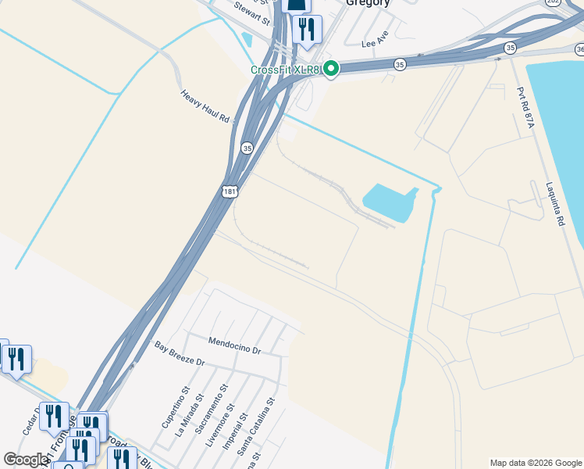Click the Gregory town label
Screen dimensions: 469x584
click(x=368, y=3)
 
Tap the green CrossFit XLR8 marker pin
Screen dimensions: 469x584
click(x=331, y=70)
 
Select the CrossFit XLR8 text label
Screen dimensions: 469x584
click(x=286, y=70)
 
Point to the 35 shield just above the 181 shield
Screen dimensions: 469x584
click(x=247, y=147)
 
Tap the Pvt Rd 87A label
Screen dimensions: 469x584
click(x=522, y=109)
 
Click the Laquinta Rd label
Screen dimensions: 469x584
click(x=555, y=205)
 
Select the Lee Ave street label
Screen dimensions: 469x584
click(x=375, y=39)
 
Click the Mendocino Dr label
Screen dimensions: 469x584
click(x=234, y=345)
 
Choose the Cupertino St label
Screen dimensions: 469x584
click(x=176, y=406)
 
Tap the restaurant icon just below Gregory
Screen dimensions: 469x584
click(x=306, y=28)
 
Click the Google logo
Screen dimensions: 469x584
click(x=26, y=460)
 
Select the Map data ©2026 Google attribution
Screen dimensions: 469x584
click(x=536, y=463)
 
